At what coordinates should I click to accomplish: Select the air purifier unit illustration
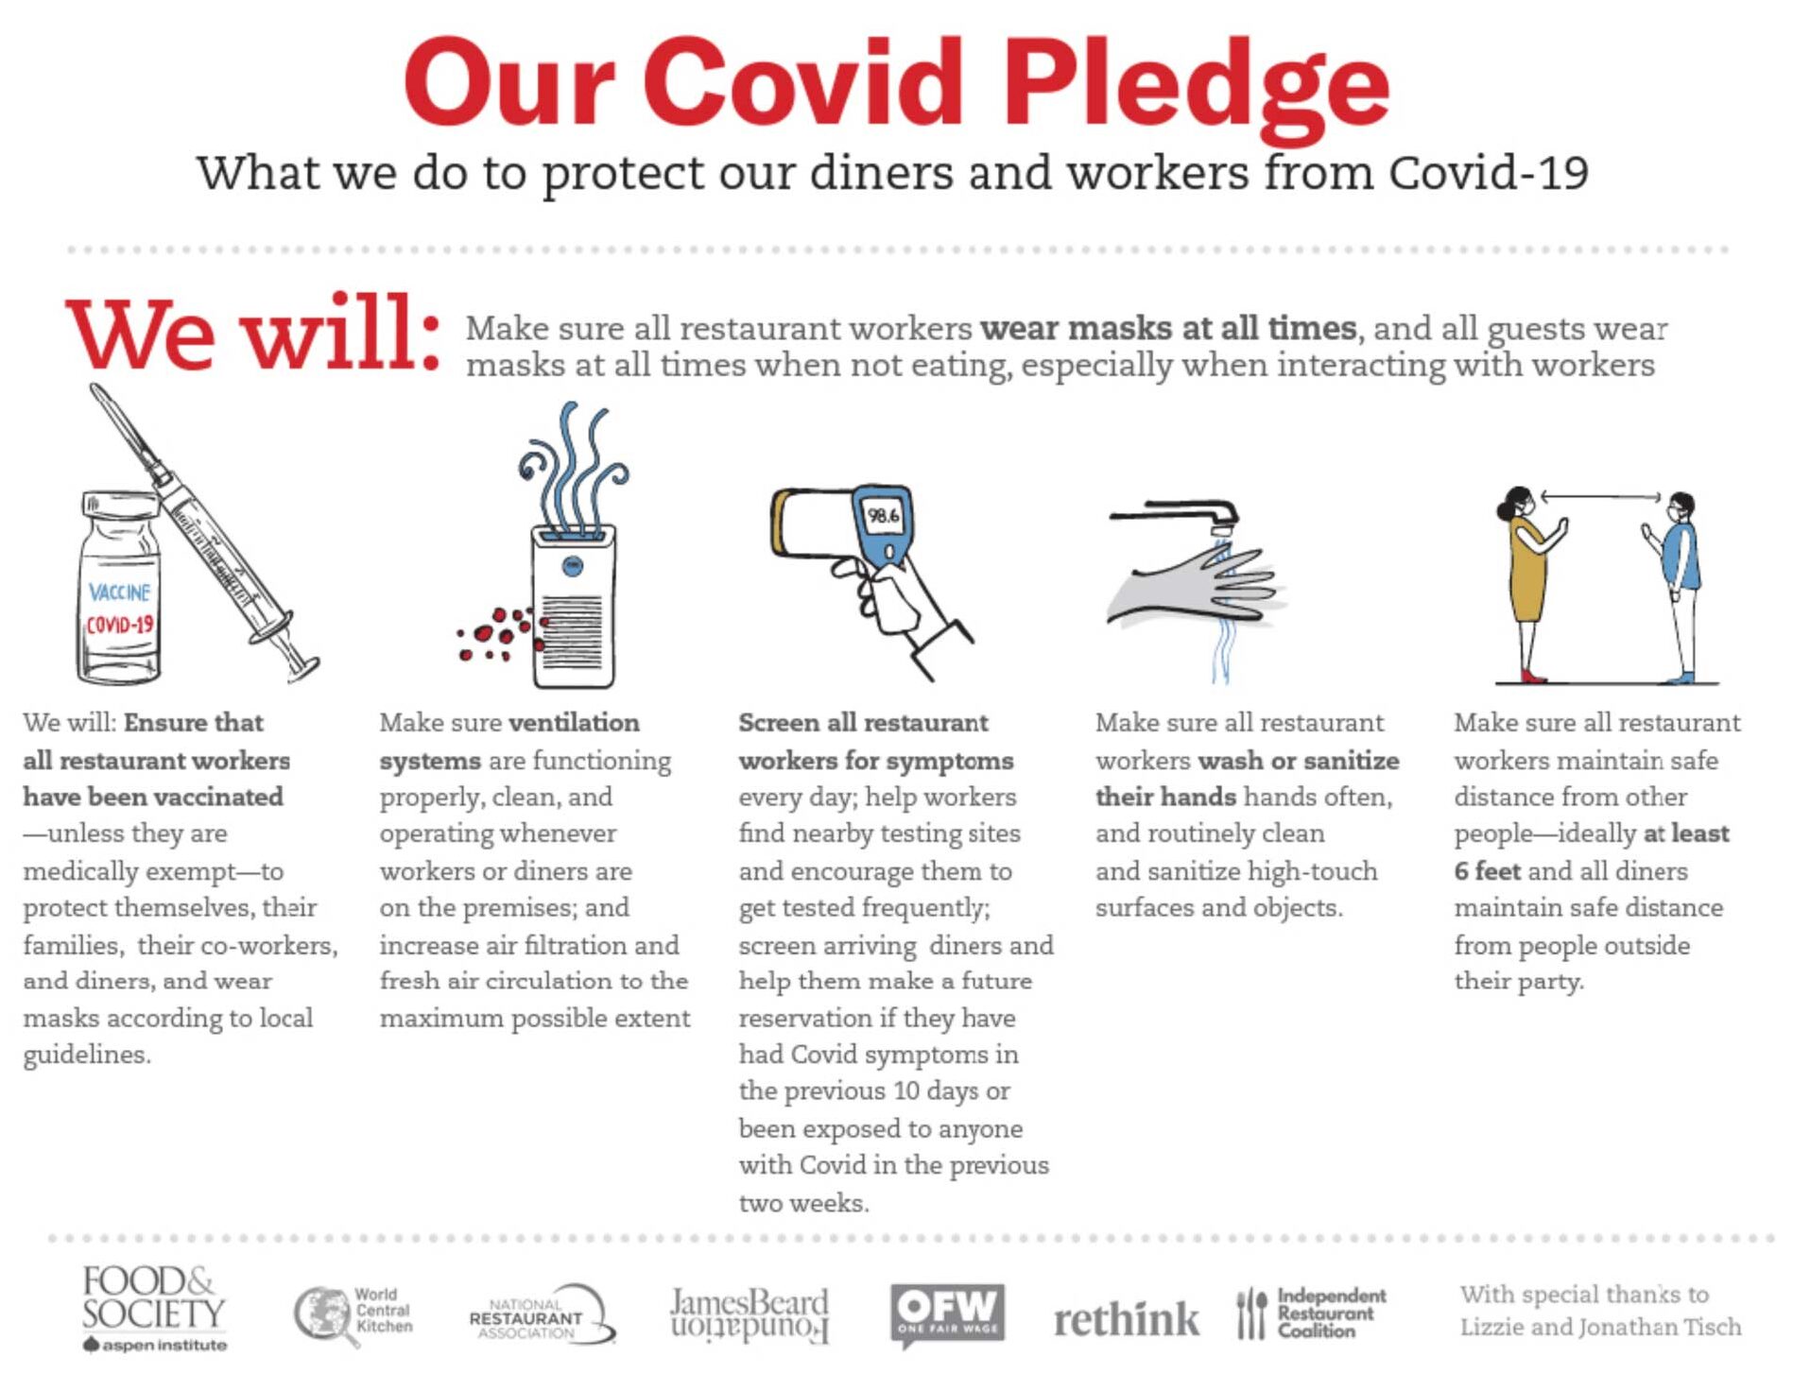pos(573,605)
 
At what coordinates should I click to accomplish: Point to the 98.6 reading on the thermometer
pos(884,516)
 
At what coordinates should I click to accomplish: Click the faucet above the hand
pos(1181,515)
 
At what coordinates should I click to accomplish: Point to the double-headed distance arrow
pos(1600,496)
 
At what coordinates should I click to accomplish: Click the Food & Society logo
pos(153,1308)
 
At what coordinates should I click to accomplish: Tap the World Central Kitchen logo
pos(353,1312)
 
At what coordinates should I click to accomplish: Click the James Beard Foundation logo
pos(749,1314)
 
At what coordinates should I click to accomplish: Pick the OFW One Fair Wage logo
pos(946,1312)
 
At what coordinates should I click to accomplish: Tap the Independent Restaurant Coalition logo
pos(1312,1313)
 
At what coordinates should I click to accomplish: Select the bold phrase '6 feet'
pos(1487,870)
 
